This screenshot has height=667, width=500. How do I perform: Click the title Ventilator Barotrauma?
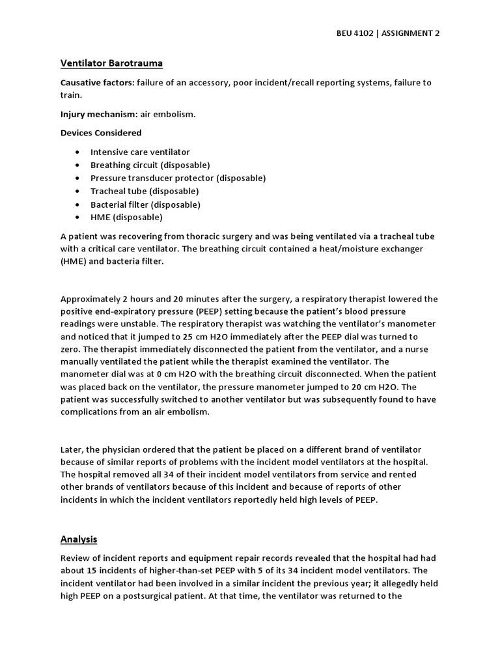[x=111, y=63]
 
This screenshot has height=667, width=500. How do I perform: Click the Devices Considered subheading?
[x=101, y=133]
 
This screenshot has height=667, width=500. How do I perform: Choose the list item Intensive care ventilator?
[x=140, y=152]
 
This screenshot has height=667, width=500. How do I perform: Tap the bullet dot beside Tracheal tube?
[x=77, y=192]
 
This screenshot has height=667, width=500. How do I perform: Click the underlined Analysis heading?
[x=79, y=539]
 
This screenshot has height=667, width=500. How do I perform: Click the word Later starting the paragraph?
[x=72, y=450]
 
